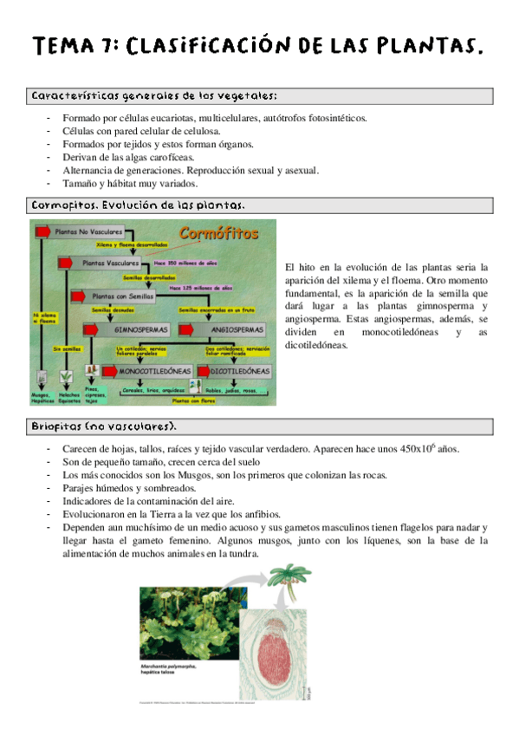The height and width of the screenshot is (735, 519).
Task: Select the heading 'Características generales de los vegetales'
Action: point(153,95)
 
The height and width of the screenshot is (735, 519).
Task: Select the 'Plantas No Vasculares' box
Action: point(86,232)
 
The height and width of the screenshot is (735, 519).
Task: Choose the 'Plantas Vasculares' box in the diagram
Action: point(110,262)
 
